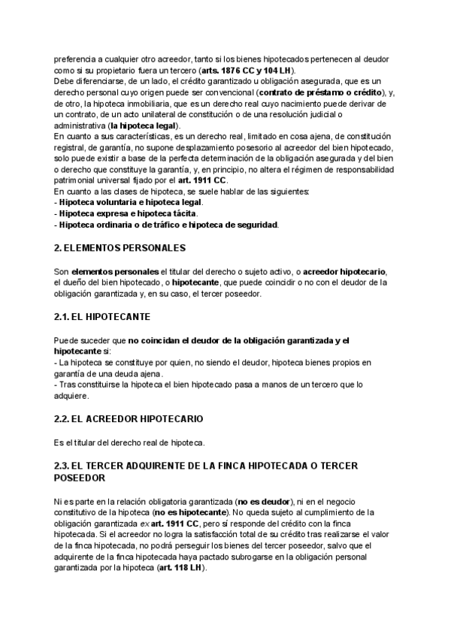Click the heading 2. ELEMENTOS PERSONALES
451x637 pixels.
(x=120, y=247)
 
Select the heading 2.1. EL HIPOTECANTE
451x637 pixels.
(x=102, y=318)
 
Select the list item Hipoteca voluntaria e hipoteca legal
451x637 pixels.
(x=129, y=202)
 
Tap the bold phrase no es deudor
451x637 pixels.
(x=263, y=500)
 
